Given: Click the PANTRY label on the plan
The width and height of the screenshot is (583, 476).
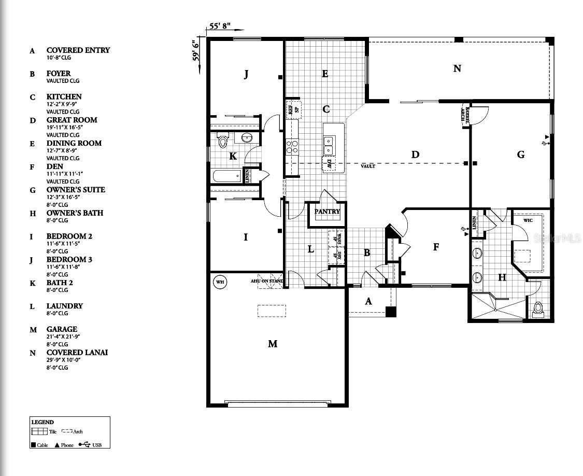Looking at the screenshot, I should pos(327,212).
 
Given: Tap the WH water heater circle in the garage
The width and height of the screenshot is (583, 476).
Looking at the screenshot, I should pos(220,282).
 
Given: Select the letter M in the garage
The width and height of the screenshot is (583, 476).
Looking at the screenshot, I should pos(273,344).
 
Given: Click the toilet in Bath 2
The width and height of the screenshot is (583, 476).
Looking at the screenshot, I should pos(223,141).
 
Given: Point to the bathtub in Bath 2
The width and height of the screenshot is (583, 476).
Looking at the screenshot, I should pos(226,176).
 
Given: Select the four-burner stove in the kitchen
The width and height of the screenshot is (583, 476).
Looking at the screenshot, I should pos(292,147).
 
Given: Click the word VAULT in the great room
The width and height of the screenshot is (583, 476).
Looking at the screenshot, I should pos(368,166).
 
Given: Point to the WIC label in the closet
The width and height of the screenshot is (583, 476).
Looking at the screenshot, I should pos(528,220).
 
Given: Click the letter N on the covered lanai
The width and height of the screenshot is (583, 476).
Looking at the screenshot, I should pos(457,68).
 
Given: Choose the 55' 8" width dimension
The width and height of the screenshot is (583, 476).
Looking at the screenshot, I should pos(220,25).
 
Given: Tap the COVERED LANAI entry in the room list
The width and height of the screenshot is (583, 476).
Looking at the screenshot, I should pos(77,353).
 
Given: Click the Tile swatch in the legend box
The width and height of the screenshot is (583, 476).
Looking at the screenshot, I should pos(39,431).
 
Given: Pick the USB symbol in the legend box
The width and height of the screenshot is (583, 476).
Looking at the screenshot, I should pos(84,444).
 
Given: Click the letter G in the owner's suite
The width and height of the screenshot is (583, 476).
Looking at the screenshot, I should pos(521,155).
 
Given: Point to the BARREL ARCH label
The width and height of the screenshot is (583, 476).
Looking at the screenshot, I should pos(465,114).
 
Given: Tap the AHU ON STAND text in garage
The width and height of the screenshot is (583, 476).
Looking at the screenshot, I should pos(267,281).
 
